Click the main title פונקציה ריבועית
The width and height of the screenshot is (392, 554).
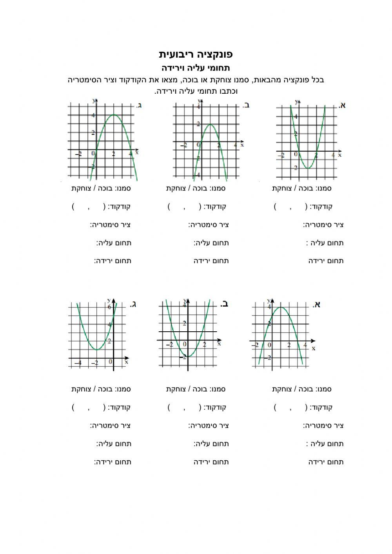[196, 54]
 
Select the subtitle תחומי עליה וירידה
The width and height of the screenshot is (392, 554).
[196, 67]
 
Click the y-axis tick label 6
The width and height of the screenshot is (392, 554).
[109, 307]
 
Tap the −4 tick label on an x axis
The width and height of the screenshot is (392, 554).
[78, 363]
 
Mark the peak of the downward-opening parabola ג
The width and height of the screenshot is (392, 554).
[114, 114]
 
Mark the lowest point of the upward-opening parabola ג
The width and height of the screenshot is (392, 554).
[96, 349]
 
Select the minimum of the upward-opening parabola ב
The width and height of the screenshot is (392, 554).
[188, 356]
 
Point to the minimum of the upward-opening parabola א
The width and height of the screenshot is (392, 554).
[308, 168]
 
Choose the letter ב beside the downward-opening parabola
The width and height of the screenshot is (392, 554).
[246, 105]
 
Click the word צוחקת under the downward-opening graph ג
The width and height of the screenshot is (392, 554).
[81, 188]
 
